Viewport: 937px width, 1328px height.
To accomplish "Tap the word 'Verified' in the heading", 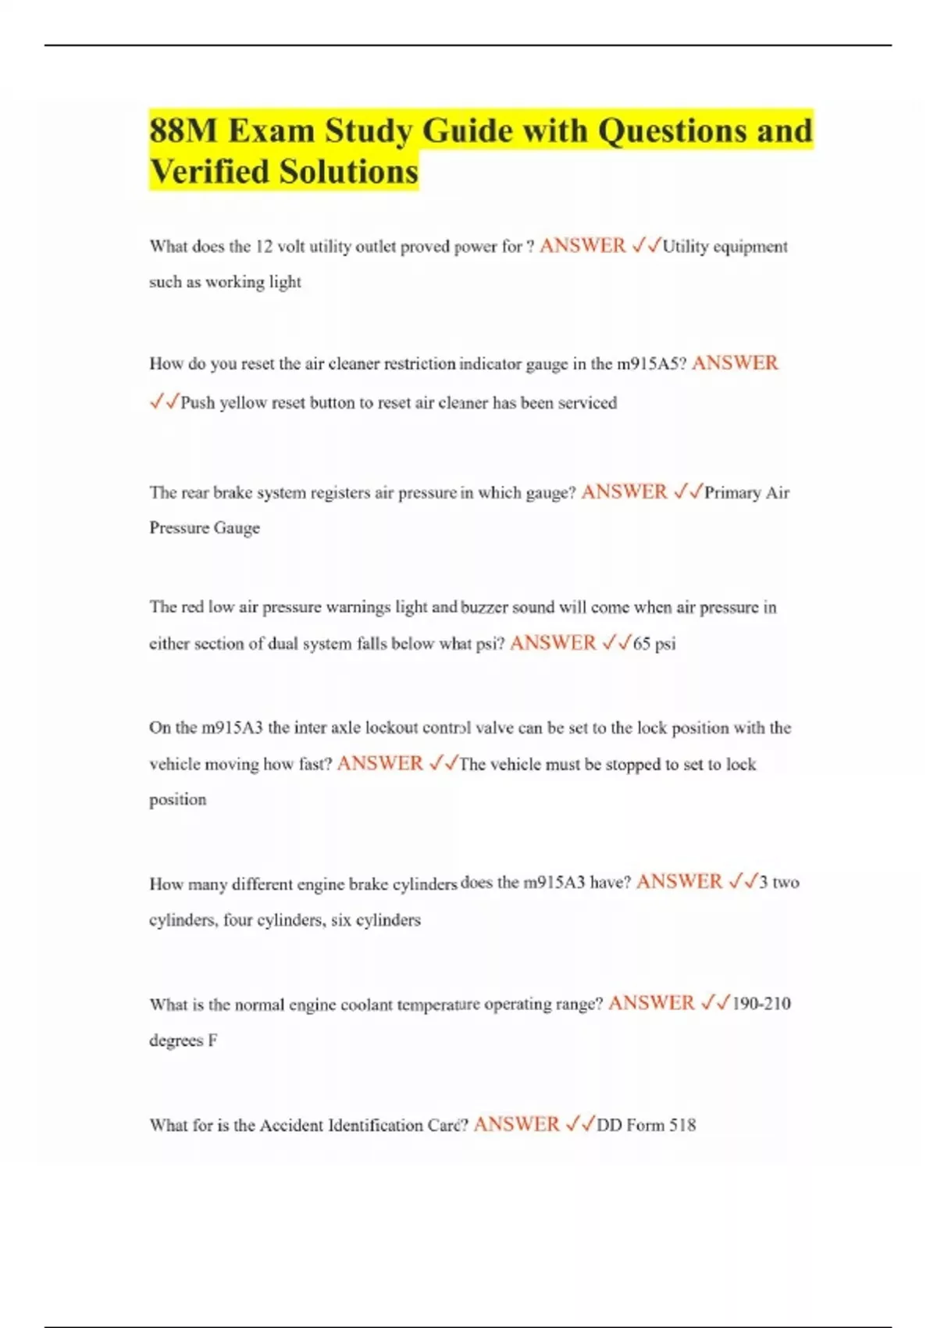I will click(209, 171).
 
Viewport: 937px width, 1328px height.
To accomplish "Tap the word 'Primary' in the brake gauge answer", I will click(732, 493).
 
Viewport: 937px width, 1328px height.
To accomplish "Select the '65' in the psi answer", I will click(641, 644).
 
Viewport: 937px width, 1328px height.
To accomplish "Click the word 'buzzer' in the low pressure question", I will click(484, 607).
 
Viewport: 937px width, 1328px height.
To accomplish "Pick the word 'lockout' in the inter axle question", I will click(391, 728).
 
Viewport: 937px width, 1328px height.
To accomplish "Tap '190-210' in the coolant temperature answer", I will click(761, 1004).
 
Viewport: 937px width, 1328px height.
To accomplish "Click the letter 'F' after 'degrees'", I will click(212, 1041).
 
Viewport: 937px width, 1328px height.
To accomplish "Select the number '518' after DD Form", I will click(682, 1125).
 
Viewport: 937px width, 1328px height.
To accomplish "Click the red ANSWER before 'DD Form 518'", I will click(516, 1124).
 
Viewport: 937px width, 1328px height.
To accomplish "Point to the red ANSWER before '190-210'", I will click(650, 1003).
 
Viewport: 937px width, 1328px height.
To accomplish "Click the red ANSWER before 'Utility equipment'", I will click(583, 246).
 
